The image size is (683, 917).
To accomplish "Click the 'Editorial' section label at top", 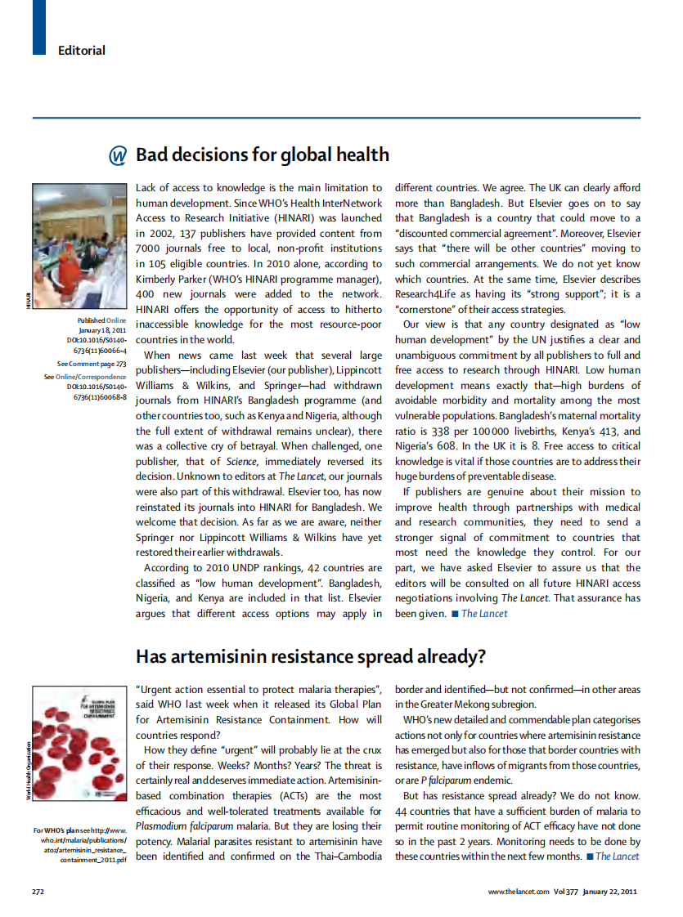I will (82, 51).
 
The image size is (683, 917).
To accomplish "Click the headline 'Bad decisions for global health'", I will (262, 155).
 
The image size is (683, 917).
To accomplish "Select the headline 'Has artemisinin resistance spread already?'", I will (311, 656).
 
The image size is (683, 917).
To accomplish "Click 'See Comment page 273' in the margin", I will (92, 364).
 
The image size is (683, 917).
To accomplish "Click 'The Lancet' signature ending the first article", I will (484, 613).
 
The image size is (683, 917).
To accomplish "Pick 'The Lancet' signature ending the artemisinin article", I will (618, 856).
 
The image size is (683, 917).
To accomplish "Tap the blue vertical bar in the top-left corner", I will (38, 27).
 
